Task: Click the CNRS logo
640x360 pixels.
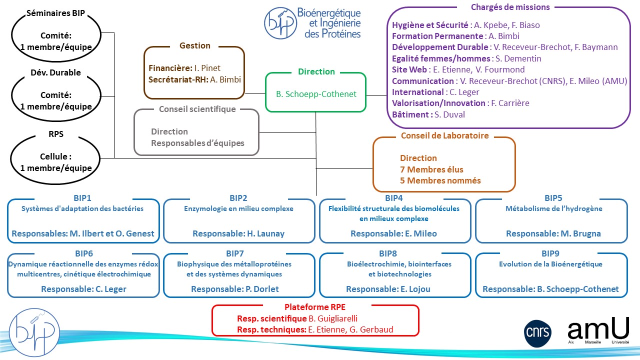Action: (x=537, y=332)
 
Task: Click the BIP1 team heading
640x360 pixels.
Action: (x=82, y=198)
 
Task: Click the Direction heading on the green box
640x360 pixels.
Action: (x=316, y=71)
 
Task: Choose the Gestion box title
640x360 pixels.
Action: (x=195, y=45)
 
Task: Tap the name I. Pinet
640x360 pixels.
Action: (x=210, y=68)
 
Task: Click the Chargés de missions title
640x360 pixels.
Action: (x=510, y=7)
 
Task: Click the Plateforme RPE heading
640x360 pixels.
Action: (x=315, y=307)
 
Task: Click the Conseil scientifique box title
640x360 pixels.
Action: (x=197, y=108)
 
